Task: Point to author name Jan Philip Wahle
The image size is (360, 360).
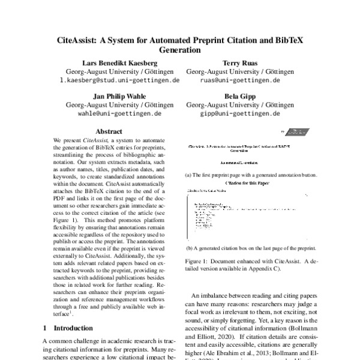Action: tap(119, 95)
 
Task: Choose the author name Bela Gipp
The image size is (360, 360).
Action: tap(240, 95)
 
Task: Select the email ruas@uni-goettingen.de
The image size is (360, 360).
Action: tap(240, 80)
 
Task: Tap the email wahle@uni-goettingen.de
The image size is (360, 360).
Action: tap(119, 113)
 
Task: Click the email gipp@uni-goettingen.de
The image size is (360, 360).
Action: tap(240, 113)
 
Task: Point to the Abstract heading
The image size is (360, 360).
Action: tap(109, 131)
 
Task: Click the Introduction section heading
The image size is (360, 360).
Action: tap(73, 328)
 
